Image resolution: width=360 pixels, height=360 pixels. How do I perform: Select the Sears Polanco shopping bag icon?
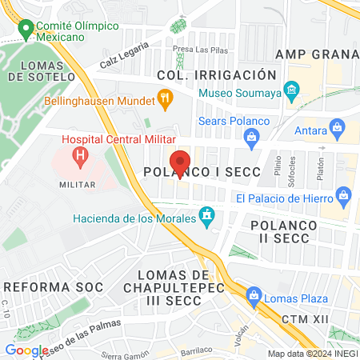252,138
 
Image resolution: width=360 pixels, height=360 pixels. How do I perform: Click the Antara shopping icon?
338,126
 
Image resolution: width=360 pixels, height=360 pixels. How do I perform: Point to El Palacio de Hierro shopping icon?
344,194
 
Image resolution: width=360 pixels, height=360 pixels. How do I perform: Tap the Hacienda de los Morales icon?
208,215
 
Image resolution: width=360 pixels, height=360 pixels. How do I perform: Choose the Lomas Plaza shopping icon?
254,294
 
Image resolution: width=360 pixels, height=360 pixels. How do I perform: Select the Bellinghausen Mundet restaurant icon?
166,99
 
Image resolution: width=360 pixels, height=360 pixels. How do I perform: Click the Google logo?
26,350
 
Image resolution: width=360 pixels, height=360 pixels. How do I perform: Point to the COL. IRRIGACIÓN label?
210,74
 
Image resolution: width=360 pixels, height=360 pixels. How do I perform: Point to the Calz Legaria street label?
124,57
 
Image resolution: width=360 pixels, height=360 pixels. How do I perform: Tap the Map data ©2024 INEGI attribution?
312,354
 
